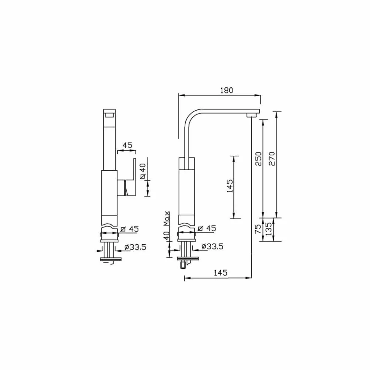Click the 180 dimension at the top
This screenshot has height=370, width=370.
click(x=226, y=90)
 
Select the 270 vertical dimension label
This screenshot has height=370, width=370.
click(x=272, y=159)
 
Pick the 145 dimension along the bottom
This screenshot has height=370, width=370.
click(x=220, y=273)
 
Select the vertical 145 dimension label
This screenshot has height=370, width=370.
click(x=229, y=186)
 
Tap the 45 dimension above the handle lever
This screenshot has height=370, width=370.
click(x=127, y=145)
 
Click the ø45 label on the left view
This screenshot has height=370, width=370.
click(x=129, y=229)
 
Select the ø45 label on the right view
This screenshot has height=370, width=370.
click(x=206, y=228)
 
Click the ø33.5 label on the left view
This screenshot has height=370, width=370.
click(x=135, y=247)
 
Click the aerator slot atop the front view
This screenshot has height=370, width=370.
click(x=109, y=114)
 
